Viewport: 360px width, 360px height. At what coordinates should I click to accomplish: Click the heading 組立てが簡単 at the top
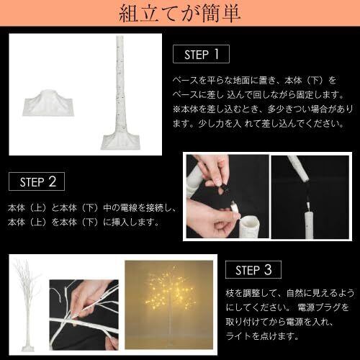[x=179, y=13]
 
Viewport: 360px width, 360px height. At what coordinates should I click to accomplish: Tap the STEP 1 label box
[x=201, y=54]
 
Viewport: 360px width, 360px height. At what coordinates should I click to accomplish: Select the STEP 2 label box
[x=37, y=181]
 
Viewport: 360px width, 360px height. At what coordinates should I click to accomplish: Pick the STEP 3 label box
[x=253, y=269]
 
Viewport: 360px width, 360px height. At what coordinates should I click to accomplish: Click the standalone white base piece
[x=49, y=104]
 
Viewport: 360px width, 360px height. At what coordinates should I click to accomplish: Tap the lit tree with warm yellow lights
[x=169, y=302]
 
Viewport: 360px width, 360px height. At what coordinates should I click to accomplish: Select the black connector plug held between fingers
[x=225, y=189]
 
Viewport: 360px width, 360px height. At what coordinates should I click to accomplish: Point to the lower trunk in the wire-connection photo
[x=310, y=225]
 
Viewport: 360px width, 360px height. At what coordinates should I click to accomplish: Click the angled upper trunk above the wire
[x=299, y=168]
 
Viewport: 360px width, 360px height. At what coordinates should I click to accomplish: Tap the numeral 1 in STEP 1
[x=217, y=54]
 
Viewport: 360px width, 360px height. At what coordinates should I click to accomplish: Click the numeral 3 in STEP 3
[x=268, y=269]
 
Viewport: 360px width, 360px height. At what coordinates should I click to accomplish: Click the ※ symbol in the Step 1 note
[x=176, y=109]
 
